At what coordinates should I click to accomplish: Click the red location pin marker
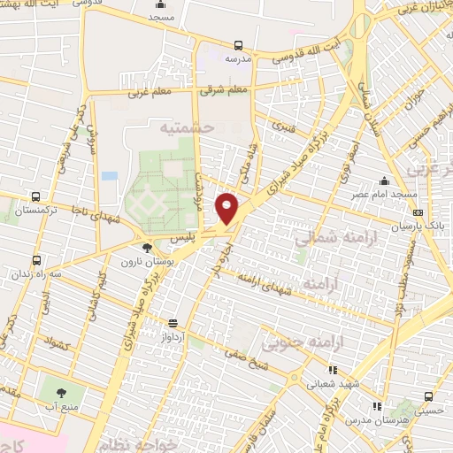[x=227, y=208]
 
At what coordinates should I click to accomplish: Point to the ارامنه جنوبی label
[x=299, y=341]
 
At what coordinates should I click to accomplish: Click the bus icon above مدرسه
[x=238, y=45]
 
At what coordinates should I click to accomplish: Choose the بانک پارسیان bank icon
[x=418, y=212]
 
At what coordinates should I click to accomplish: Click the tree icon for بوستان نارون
[x=147, y=249]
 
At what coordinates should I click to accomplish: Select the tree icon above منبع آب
[x=61, y=393]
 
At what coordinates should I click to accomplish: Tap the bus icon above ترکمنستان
[x=35, y=196]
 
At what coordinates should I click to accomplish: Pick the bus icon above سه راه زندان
[x=36, y=260]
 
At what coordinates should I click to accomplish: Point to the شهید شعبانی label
[x=331, y=384]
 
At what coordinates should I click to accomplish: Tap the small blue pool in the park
[x=110, y=175]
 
